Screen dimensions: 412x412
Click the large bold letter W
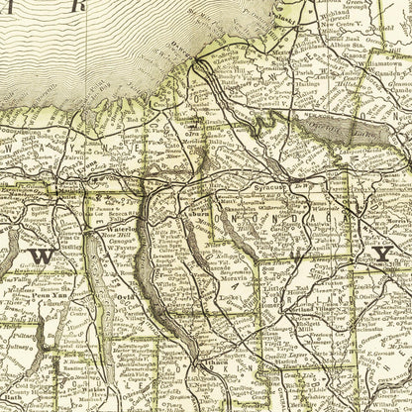coord(43,256)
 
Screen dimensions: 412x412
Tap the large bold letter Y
coord(381,256)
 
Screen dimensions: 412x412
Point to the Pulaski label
coord(259,6)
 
